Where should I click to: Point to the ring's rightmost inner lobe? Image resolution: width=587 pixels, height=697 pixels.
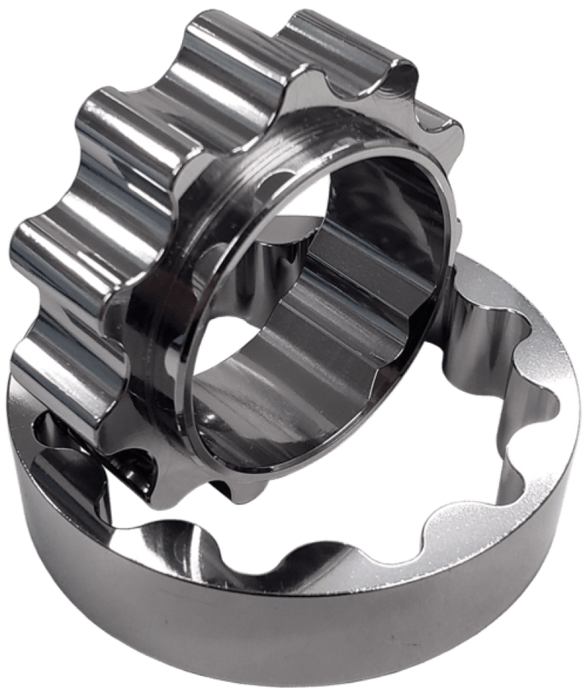click(542, 403)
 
